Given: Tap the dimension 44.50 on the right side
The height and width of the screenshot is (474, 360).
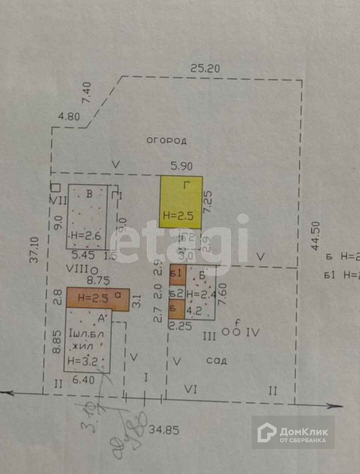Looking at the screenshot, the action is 315,236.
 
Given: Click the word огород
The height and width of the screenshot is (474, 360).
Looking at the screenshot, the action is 167,140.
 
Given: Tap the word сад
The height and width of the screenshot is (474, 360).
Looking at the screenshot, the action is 217,360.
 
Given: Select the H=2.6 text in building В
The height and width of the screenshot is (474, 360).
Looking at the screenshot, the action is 86,236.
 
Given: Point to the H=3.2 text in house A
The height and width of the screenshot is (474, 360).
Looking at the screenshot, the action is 82,360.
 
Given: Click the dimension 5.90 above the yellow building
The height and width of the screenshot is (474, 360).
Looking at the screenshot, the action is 181,166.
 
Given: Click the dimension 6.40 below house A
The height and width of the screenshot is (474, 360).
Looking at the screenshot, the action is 82,380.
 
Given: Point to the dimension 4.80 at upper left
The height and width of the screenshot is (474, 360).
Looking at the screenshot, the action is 69,117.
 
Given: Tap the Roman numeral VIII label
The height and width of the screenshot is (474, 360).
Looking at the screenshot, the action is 77,269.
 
